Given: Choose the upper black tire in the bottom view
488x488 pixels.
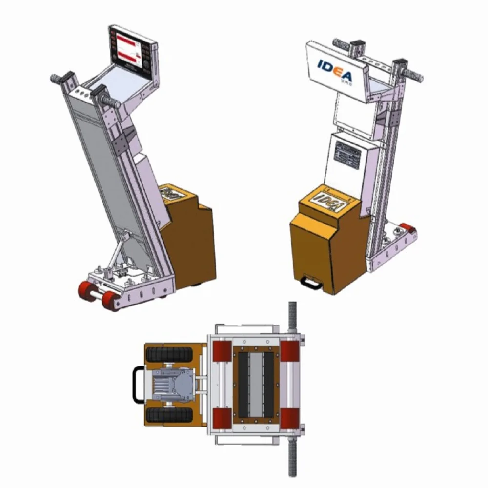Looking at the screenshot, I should tap(169, 354).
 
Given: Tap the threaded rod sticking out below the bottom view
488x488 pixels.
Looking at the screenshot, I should tap(293, 459).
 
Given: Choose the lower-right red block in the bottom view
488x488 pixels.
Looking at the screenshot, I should tap(289, 419).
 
